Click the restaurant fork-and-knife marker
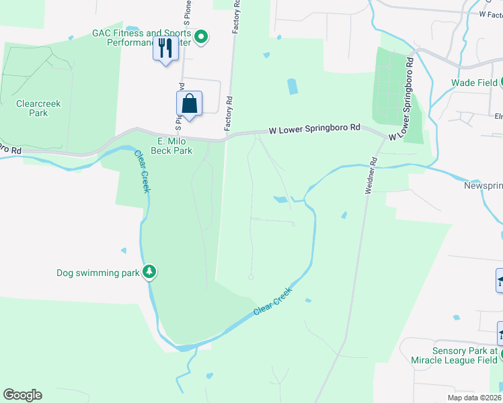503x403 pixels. point(165,48)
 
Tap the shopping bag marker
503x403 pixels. point(190,104)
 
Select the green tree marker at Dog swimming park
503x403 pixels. point(149,272)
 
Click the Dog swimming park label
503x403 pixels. point(98,273)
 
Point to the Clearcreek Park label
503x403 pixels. point(32,109)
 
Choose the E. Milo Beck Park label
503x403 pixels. point(175,146)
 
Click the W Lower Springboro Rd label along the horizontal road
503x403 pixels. point(315,128)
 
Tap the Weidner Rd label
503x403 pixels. point(371,176)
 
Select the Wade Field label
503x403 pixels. point(473,83)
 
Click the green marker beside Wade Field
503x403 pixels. point(502,83)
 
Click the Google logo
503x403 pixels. point(22,395)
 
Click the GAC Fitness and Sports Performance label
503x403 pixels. point(141,38)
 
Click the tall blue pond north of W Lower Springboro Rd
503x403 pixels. point(293,87)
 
